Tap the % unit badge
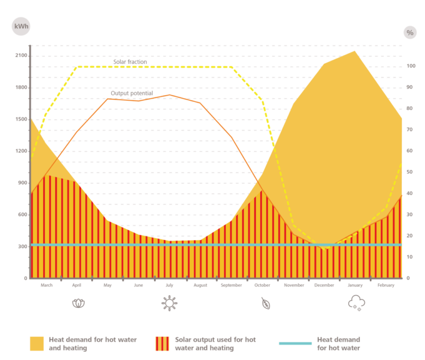[410, 33]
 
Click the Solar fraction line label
[130, 62]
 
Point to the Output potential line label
[132, 93]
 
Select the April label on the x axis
[77, 285]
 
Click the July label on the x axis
[169, 285]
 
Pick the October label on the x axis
[262, 285]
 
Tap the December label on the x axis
[324, 285]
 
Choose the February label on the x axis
[386, 285]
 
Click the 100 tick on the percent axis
[410, 66]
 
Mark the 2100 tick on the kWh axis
[21, 55]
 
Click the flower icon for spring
[78, 303]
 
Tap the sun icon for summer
[169, 303]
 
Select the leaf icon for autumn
[266, 304]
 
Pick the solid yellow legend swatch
[37, 343]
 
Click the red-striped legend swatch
[163, 343]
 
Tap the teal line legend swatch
[295, 343]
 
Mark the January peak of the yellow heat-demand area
[354, 52]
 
